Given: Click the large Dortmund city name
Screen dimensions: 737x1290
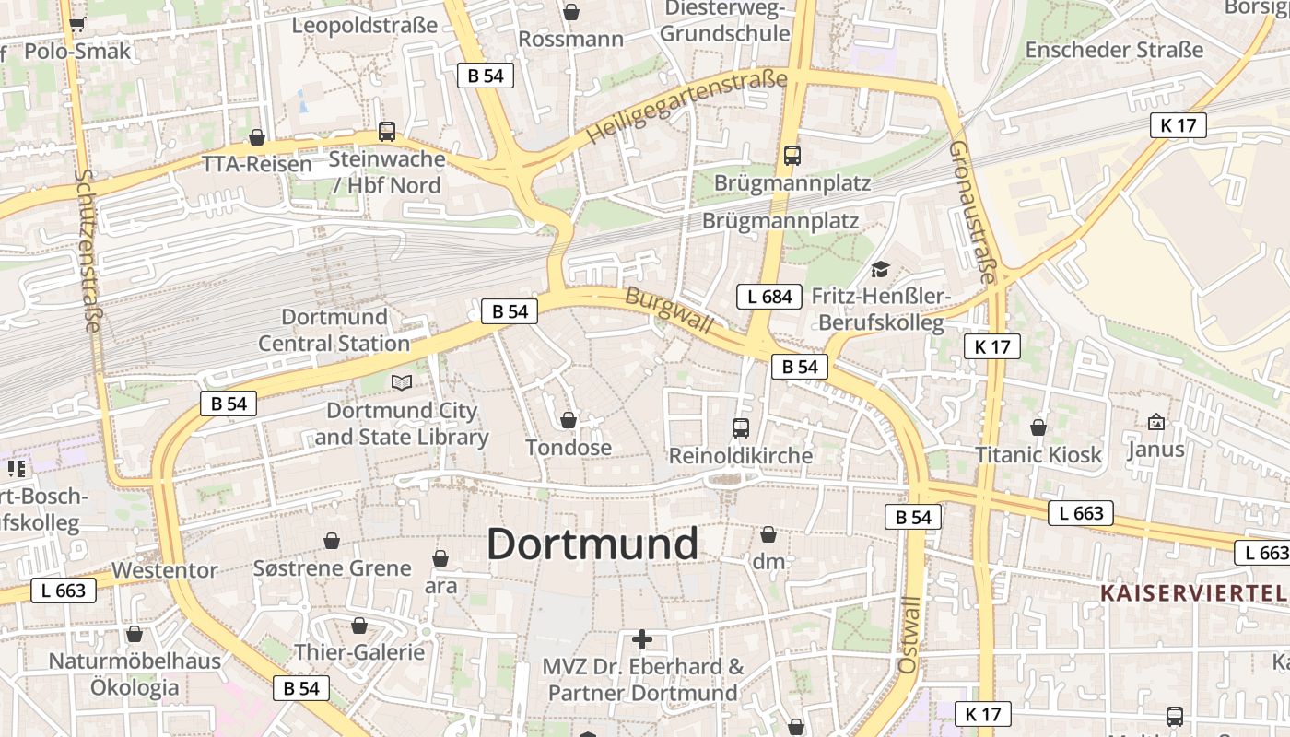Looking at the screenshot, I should pyautogui.click(x=592, y=544).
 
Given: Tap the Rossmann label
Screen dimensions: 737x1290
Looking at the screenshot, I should pyautogui.click(x=571, y=40).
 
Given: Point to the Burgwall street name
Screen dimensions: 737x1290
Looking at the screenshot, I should pyautogui.click(x=670, y=310).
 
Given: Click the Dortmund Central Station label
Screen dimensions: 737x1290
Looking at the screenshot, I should pyautogui.click(x=334, y=330).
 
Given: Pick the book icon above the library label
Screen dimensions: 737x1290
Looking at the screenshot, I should pyautogui.click(x=402, y=382).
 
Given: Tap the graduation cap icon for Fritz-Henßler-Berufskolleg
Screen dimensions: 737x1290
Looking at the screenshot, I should pyautogui.click(x=881, y=270).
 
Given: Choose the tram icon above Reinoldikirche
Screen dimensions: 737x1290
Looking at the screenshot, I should pyautogui.click(x=741, y=427).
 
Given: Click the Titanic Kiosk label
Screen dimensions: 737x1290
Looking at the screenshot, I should pyautogui.click(x=1038, y=454).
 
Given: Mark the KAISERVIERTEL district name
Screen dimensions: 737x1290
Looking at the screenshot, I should pyautogui.click(x=1194, y=592).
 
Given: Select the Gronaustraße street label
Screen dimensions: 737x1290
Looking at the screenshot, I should pyautogui.click(x=972, y=212).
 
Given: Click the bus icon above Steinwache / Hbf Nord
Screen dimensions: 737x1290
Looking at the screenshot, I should pyautogui.click(x=387, y=132).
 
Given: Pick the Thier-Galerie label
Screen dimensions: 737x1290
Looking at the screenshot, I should pyautogui.click(x=359, y=652).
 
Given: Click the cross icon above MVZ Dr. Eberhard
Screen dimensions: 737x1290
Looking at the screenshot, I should pyautogui.click(x=642, y=639).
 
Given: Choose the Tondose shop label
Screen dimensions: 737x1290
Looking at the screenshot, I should pyautogui.click(x=569, y=448).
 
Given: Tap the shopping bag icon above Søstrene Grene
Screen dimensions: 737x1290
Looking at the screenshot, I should pyautogui.click(x=332, y=541).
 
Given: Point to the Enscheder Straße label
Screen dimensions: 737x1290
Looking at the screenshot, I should pyautogui.click(x=1114, y=50).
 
